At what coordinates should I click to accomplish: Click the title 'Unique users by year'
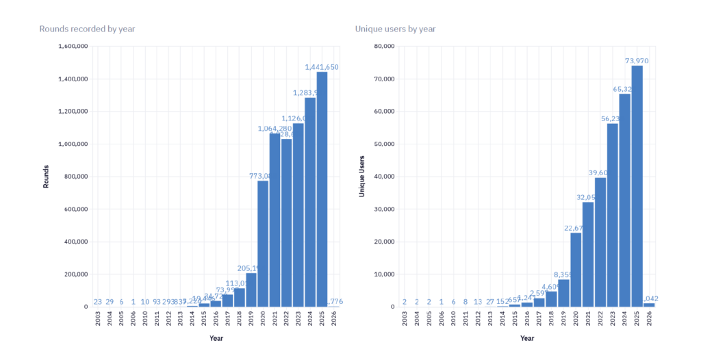pos(395,29)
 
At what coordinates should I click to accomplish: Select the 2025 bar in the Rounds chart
pos(322,189)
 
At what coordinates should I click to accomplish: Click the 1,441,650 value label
pos(322,67)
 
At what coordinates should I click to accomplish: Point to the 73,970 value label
pos(637,61)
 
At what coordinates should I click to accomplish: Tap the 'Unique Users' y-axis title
pos(361,177)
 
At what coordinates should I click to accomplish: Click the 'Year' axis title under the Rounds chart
pos(216,337)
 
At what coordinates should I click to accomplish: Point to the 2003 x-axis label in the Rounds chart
pos(98,318)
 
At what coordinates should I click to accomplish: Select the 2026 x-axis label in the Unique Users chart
pos(649,318)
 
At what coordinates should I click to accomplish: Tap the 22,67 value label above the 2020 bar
pos(576,229)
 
